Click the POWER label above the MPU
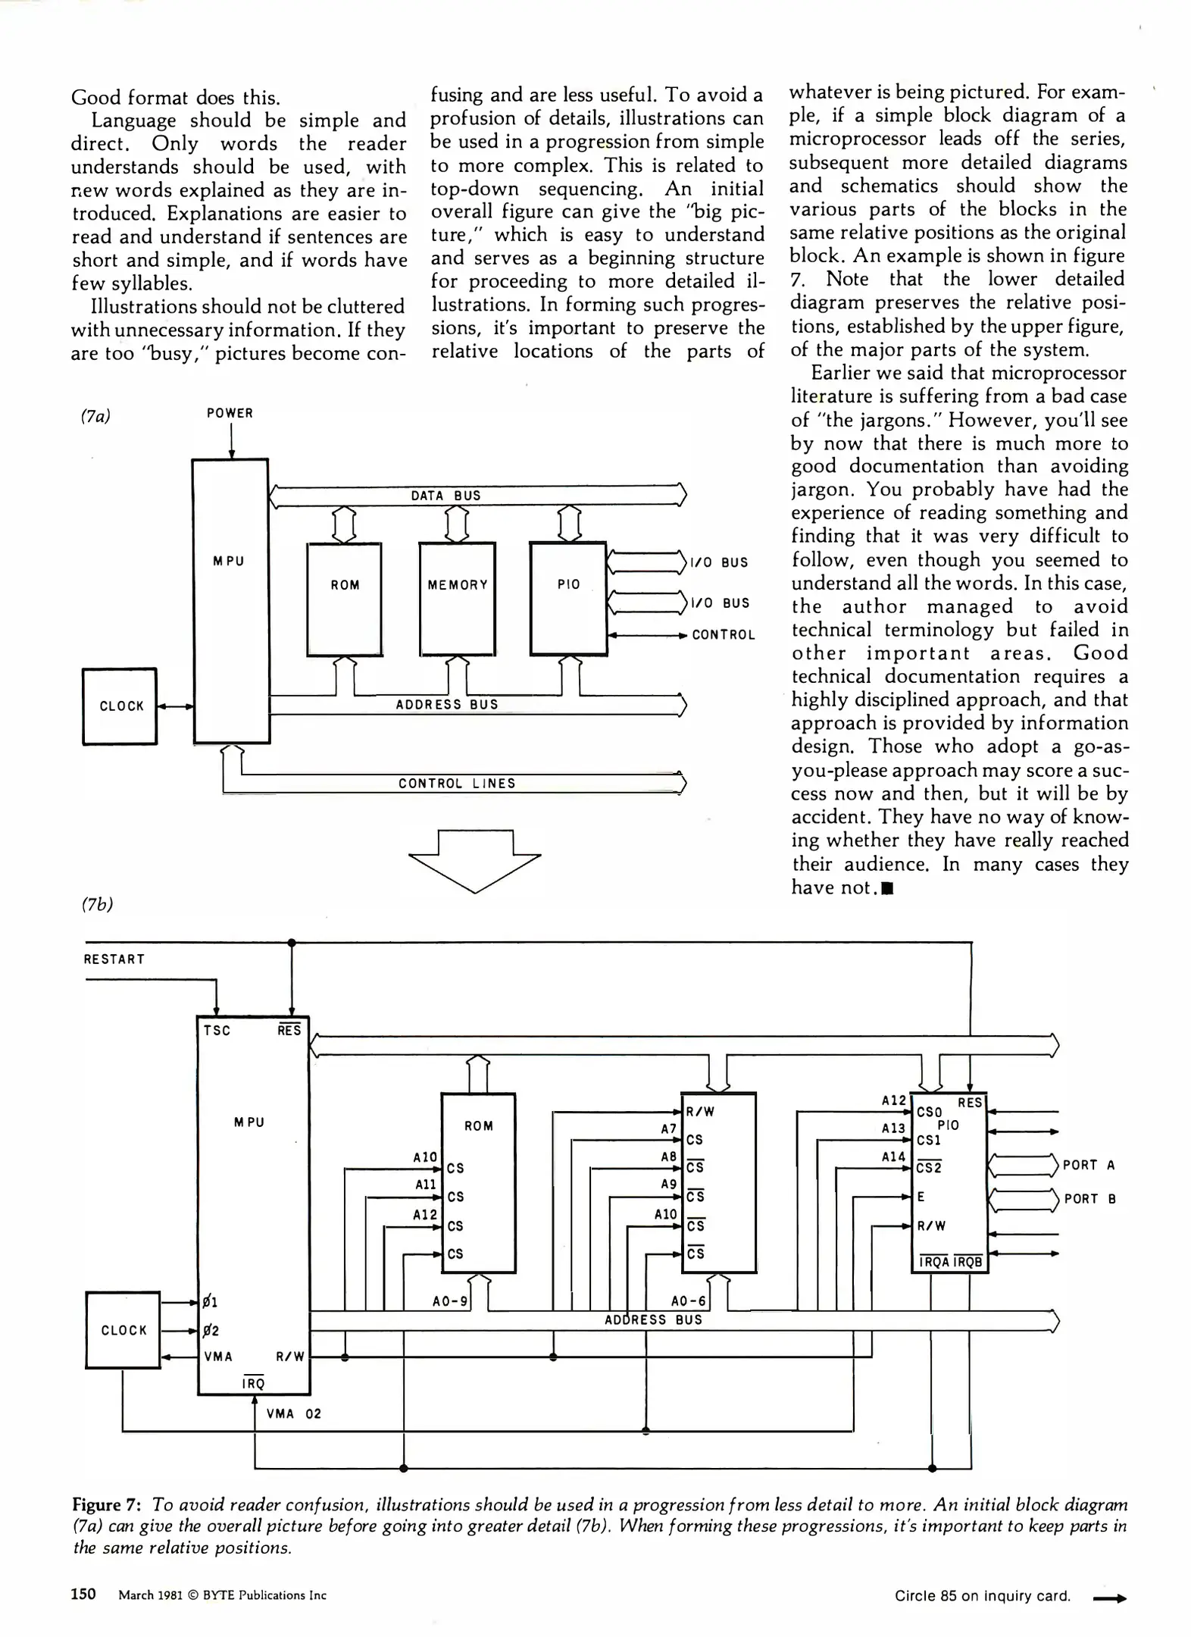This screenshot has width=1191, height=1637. click(x=230, y=413)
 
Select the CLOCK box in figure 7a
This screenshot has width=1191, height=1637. click(x=120, y=706)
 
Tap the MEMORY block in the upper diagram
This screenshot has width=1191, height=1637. click(x=457, y=598)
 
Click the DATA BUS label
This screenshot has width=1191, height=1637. click(x=445, y=496)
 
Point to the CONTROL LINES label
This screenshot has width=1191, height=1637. click(x=457, y=783)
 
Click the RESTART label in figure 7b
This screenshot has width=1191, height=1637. click(x=114, y=959)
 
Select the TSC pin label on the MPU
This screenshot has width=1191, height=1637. click(x=217, y=1030)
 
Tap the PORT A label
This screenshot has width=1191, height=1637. click(x=1089, y=1165)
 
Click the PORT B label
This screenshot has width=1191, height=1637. click(x=1089, y=1198)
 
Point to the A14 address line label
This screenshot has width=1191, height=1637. click(x=893, y=1157)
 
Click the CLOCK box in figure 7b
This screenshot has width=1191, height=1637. click(x=123, y=1329)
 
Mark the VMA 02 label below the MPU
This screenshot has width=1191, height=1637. click(x=294, y=1413)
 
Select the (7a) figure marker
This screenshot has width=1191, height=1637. click(x=95, y=416)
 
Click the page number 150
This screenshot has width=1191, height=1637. click(x=83, y=1594)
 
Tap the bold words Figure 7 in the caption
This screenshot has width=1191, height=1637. click(x=106, y=1504)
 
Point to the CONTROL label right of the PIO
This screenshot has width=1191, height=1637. click(x=723, y=635)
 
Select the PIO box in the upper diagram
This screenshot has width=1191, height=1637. click(x=568, y=598)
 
